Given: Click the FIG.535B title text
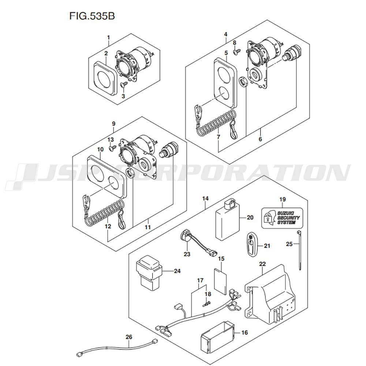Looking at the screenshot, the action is tap(92, 16).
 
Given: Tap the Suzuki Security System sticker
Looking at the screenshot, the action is tap(282, 218).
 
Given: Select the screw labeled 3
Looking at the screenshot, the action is tap(124, 85).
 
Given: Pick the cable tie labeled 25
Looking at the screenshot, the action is tap(299, 250).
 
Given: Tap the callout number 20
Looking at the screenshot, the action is tap(250, 217).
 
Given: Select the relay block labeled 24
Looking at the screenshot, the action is tap(149, 273).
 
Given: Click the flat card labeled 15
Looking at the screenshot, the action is tap(220, 281).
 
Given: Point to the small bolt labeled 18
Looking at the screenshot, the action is tap(206, 304).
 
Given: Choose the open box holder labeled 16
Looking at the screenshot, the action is tap(217, 336).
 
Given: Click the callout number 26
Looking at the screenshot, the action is tap(129, 337).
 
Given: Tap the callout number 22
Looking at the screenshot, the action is tap(262, 264).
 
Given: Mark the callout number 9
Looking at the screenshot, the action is tap(114, 123).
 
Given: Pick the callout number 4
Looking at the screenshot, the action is tap(225, 34).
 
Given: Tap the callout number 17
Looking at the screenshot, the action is tap(200, 280).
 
